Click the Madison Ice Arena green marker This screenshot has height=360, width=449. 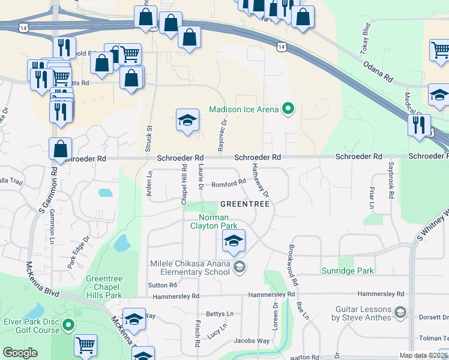point(289,109)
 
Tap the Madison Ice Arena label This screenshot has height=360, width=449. point(244,109)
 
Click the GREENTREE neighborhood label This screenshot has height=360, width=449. point(244,204)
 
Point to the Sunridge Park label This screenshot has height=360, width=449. point(348,271)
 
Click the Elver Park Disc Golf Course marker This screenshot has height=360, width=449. point(68,326)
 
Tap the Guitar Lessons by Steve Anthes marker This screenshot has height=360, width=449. point(401,313)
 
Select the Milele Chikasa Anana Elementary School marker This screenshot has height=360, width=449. point(239,267)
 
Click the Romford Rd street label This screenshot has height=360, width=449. point(229,182)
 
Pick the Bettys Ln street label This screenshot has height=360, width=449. point(220,314)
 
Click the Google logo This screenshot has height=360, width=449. point(20,353)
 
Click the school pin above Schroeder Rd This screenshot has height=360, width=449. point(187,120)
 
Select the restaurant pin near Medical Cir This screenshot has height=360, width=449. point(418,124)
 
